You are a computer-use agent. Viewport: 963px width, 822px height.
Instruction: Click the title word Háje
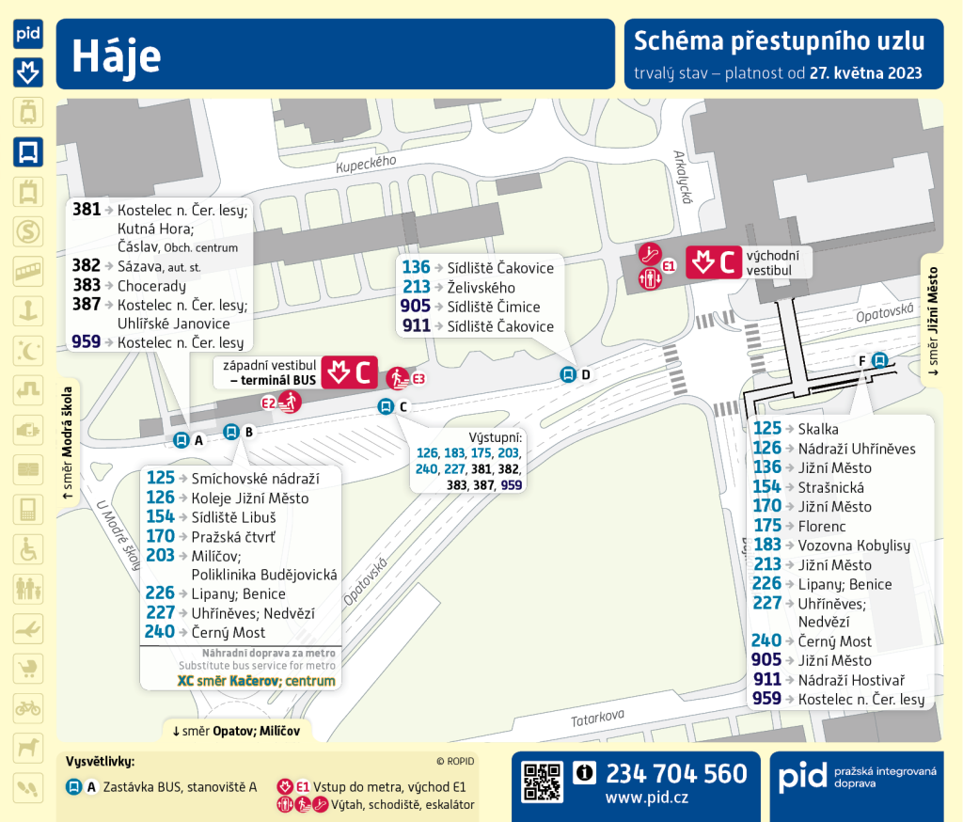tap(117, 55)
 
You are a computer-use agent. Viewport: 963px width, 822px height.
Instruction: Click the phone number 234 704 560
tap(676, 774)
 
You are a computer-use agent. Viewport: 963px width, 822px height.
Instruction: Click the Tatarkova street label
tap(599, 719)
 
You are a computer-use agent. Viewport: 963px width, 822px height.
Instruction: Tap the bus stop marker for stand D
tap(568, 374)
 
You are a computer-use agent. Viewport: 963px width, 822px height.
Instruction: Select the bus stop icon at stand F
tap(879, 359)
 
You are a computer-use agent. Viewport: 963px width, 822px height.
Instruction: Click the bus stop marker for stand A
tap(181, 439)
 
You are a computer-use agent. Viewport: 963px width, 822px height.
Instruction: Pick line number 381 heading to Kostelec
tap(87, 209)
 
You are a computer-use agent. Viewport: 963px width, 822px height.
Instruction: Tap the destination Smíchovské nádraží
tap(255, 479)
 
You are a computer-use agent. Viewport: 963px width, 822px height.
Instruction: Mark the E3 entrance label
tap(419, 379)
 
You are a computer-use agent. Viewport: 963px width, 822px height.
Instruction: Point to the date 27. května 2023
tap(865, 72)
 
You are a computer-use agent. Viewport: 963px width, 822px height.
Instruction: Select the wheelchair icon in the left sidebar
tap(28, 549)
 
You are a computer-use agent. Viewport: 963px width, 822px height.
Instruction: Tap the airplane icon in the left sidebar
tap(28, 627)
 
